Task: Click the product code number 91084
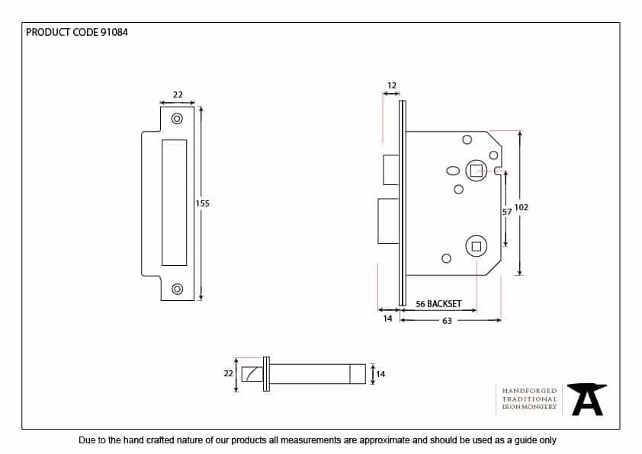[x=114, y=32]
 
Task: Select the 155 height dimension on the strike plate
[x=202, y=203]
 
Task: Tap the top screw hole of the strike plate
[x=177, y=119]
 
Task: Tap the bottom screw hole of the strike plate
[x=177, y=289]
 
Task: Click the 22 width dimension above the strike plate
[x=178, y=94]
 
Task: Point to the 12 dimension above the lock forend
[x=392, y=85]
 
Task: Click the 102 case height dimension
[x=522, y=207]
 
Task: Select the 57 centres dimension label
[x=507, y=212]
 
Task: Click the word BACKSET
[x=445, y=304]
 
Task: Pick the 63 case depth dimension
[x=447, y=321]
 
